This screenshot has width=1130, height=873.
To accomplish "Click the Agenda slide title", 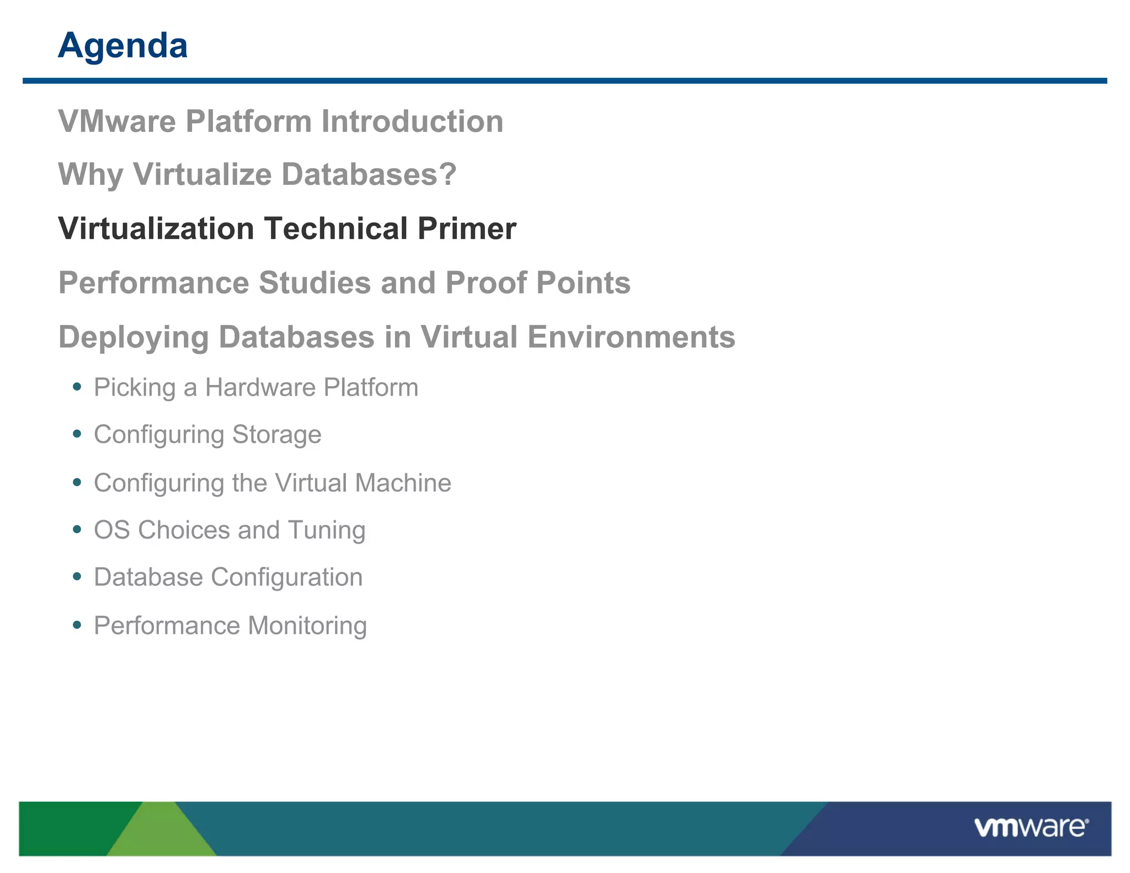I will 122,46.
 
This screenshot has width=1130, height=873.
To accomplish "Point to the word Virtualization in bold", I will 156,228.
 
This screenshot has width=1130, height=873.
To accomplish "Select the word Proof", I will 486,283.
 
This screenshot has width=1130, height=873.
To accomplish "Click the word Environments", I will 631,337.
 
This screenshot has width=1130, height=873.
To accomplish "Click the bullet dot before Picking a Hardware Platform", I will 77,387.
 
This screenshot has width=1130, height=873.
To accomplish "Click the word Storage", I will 276,434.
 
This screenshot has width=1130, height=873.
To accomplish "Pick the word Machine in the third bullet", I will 403,483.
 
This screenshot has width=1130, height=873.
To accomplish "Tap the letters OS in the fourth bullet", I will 112,530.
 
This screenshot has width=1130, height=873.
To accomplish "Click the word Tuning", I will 327,530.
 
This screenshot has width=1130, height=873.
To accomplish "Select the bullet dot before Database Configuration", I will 77,577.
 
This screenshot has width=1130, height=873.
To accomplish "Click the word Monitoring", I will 307,626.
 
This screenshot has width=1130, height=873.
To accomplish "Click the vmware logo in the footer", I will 1031,828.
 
